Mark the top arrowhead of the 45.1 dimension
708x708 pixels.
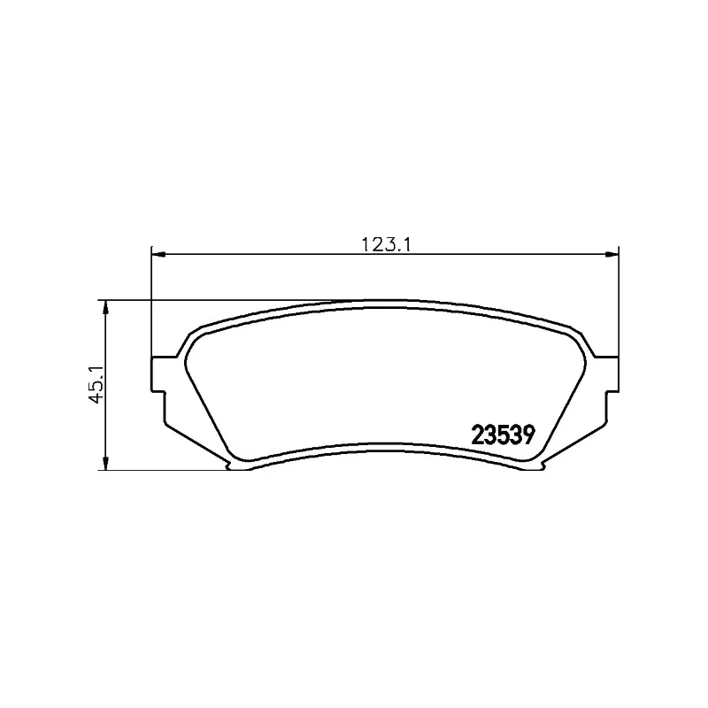point(106,306)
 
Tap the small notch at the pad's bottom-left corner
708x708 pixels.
point(235,466)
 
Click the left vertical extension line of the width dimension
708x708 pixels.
point(152,301)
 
